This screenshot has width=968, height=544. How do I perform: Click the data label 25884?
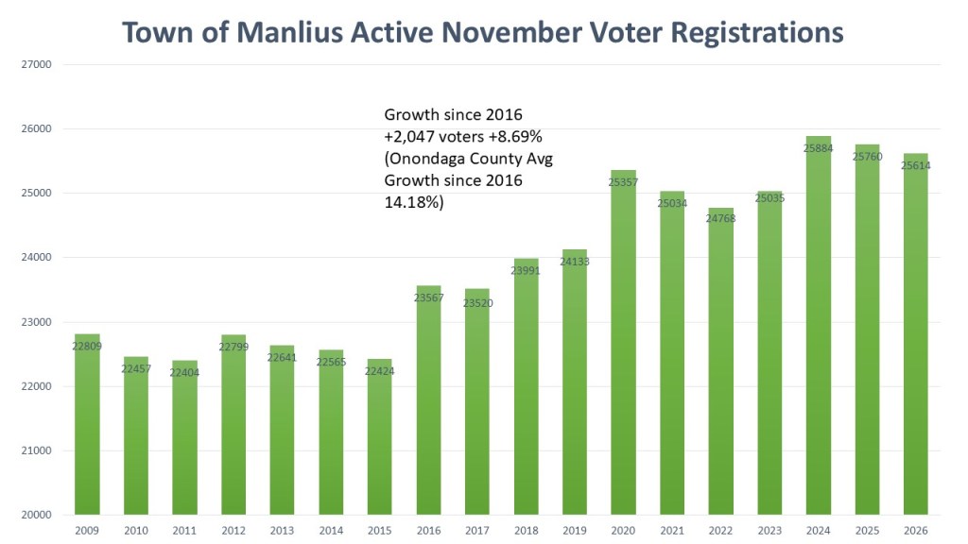(x=819, y=148)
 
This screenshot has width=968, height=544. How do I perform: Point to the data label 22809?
(x=87, y=347)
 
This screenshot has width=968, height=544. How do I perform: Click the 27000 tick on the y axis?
(x=36, y=64)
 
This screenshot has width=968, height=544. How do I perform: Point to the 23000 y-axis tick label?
(x=36, y=322)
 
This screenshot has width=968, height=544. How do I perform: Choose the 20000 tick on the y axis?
(x=36, y=515)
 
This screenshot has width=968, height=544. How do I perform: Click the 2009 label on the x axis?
(x=87, y=531)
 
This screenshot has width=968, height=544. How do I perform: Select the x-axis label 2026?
(x=915, y=531)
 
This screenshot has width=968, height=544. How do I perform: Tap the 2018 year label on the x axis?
(x=527, y=531)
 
